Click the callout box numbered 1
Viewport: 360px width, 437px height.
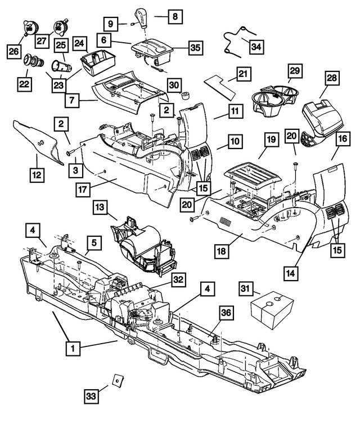[71, 348]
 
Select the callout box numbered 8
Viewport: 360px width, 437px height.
[174, 17]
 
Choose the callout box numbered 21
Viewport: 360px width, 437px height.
[242, 74]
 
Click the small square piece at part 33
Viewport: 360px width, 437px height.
[116, 381]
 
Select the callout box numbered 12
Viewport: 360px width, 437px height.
[37, 175]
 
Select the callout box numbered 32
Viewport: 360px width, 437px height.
[179, 280]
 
